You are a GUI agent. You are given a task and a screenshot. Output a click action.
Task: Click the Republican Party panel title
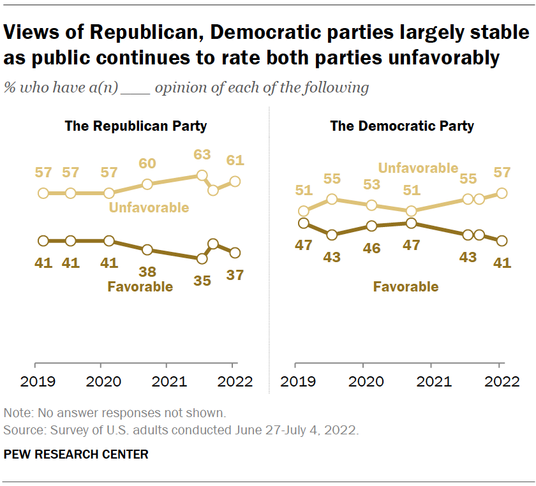(x=136, y=126)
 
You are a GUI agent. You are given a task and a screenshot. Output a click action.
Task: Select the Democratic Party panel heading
(x=402, y=126)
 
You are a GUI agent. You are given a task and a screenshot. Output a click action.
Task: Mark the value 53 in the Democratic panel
(x=371, y=185)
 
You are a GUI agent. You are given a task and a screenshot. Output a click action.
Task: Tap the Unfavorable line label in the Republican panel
(x=149, y=207)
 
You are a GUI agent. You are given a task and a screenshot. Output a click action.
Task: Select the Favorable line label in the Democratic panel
(x=406, y=286)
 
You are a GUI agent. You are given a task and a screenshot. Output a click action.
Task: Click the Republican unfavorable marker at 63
(x=202, y=175)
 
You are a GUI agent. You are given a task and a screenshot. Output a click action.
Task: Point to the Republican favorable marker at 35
(x=202, y=258)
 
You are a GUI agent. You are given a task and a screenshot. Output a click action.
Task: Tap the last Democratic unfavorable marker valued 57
(x=502, y=193)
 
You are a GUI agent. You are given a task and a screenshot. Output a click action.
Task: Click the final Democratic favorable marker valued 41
(x=502, y=240)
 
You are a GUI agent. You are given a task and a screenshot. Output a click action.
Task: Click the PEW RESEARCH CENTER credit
(x=76, y=454)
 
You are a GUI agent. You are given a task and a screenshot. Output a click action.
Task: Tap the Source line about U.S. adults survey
(x=181, y=431)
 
